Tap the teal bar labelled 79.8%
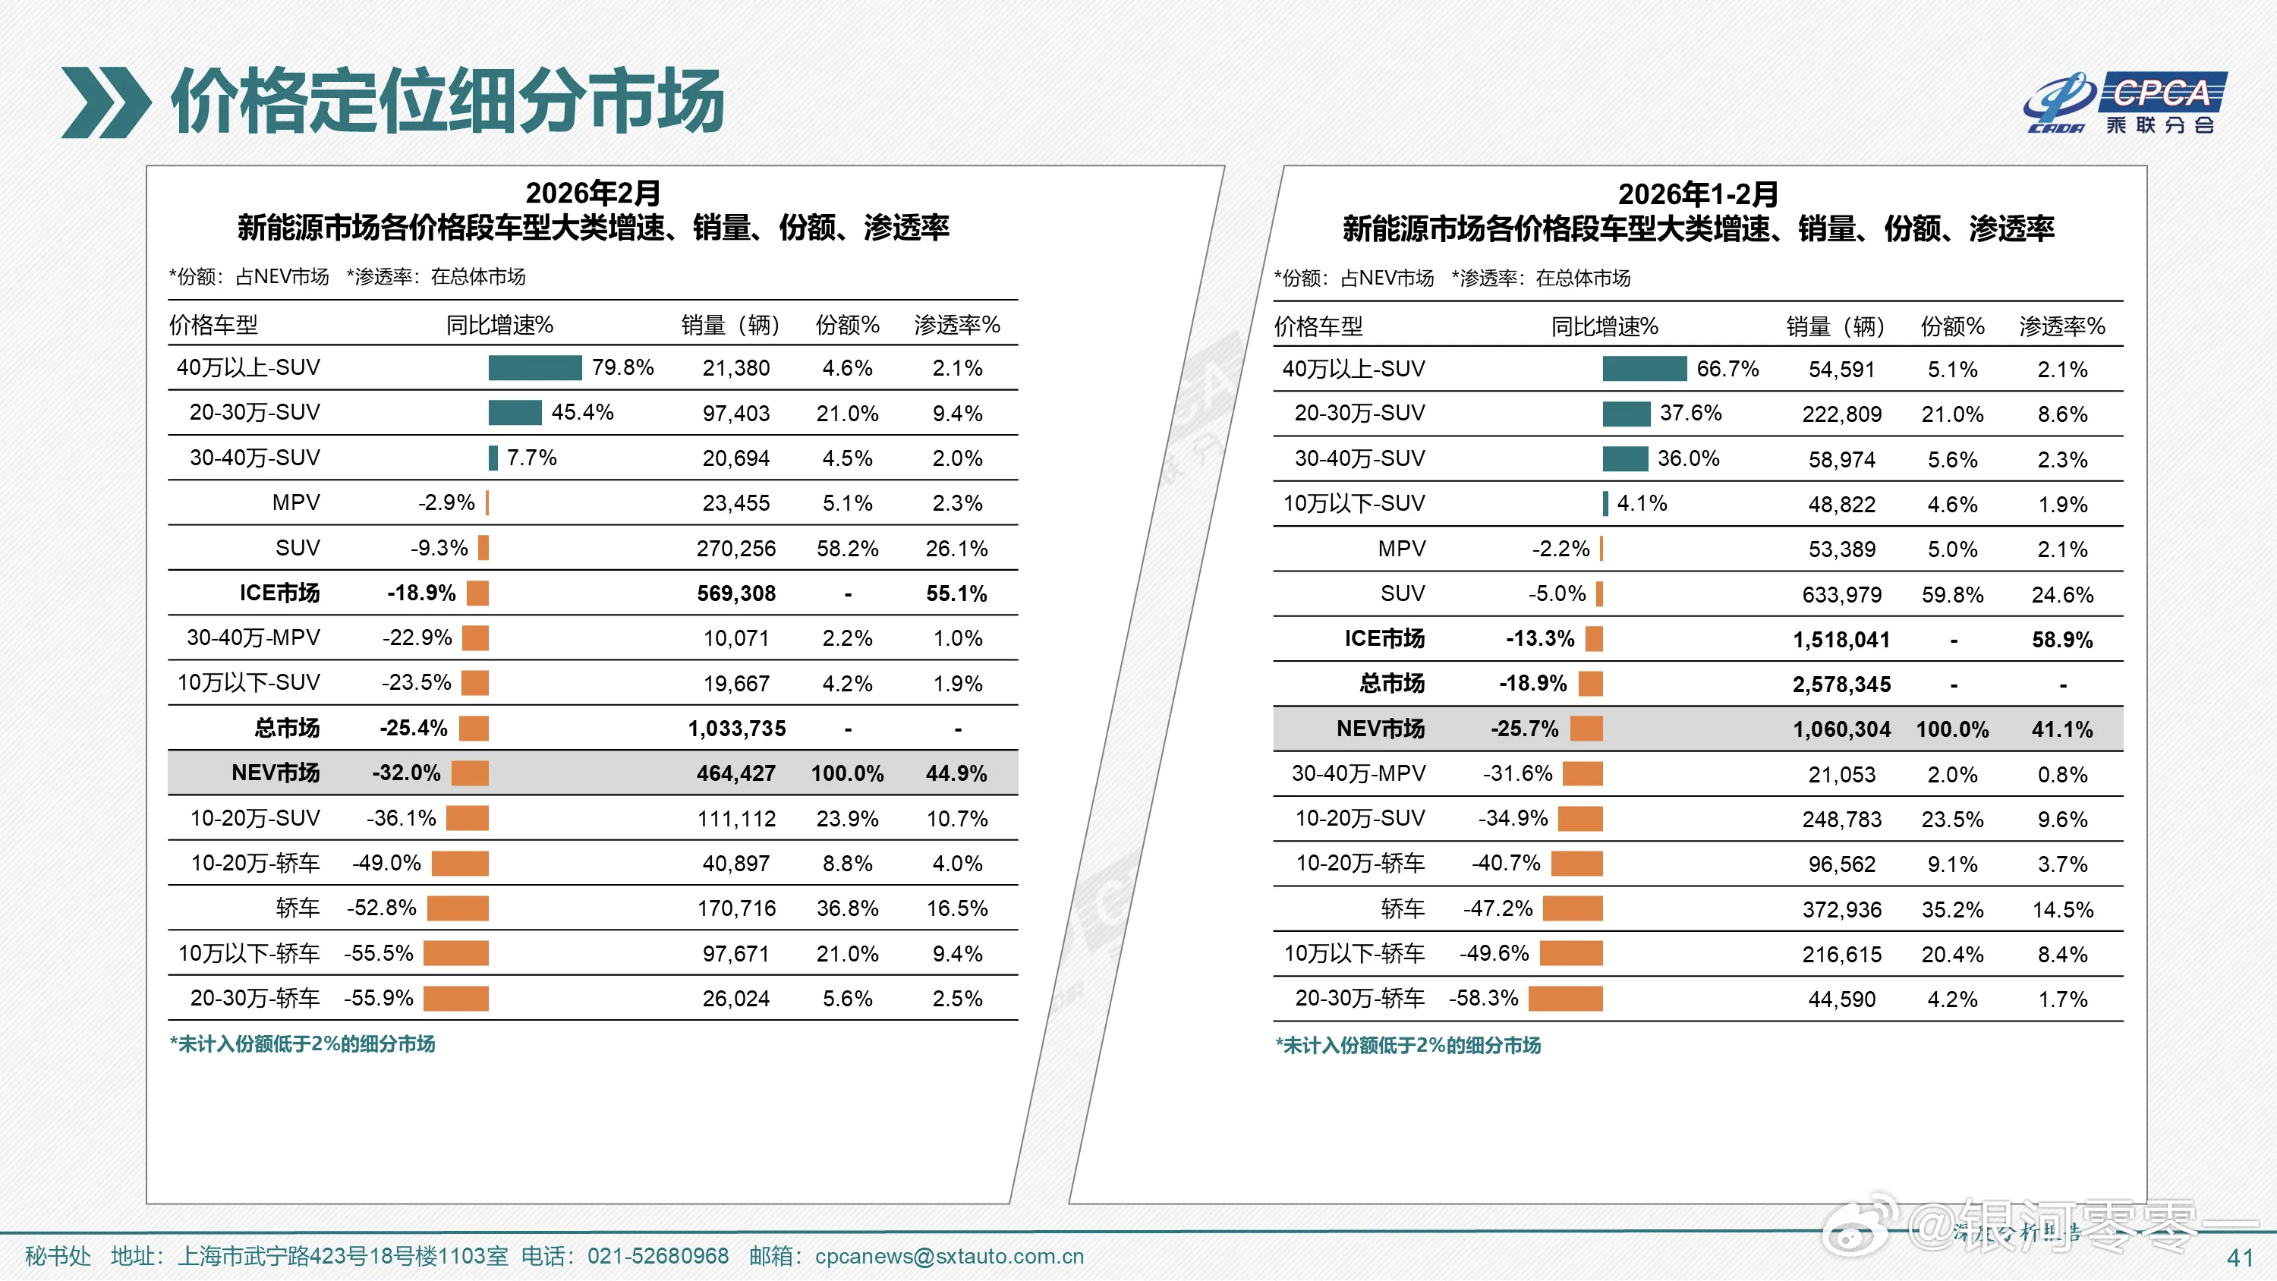535,368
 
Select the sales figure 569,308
735,593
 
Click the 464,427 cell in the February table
735,773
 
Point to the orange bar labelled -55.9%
456,998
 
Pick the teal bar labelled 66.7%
1644,369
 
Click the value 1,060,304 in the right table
1841,729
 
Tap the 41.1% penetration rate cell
2061,729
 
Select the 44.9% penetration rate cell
956,773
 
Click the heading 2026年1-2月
1697,194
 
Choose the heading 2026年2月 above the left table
592,193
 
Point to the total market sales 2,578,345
1841,685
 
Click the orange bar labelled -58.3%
1564,999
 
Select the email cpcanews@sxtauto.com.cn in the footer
949,1256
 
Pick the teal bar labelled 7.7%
493,458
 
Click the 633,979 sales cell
1841,594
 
